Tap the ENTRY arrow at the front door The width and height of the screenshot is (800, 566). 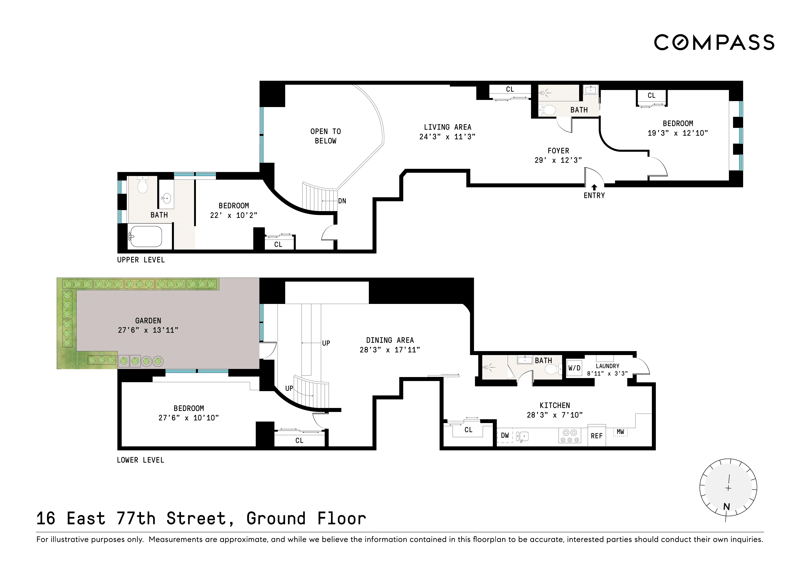click(594, 187)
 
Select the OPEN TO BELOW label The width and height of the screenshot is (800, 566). click(325, 136)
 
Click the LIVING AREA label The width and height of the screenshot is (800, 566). click(447, 127)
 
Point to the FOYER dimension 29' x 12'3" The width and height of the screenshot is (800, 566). click(558, 160)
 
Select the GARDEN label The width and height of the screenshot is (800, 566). click(148, 320)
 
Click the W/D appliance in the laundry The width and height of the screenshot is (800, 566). click(574, 368)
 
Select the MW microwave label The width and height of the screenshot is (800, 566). click(620, 432)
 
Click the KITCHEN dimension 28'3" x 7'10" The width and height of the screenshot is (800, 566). click(555, 415)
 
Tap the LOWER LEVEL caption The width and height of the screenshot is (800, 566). click(140, 460)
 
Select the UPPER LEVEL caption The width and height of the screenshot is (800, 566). click(141, 260)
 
